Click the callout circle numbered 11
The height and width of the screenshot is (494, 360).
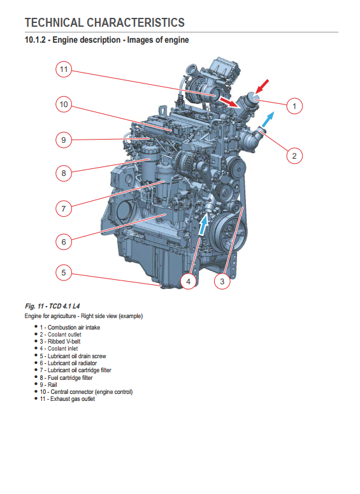(x=64, y=69)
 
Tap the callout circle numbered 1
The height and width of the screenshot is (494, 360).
(x=294, y=106)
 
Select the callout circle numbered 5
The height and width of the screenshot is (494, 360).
(x=64, y=273)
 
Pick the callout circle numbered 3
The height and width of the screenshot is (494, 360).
(x=222, y=281)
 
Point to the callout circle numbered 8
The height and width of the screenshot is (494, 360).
(x=64, y=173)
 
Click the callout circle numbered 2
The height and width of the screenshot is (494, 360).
(x=294, y=156)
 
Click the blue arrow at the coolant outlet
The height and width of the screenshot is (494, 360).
(x=268, y=120)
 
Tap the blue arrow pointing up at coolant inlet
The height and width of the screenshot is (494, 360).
(x=204, y=224)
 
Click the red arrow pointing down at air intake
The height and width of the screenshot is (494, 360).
(x=262, y=86)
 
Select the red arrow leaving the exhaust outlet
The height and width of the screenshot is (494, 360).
(x=229, y=103)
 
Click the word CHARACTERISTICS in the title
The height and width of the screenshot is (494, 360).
(x=136, y=23)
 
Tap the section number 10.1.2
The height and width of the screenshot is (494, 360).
(x=35, y=40)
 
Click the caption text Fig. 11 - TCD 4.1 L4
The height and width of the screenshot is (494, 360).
(x=52, y=306)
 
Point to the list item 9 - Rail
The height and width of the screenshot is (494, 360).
(x=48, y=384)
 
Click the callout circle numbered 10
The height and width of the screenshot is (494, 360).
(x=64, y=105)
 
